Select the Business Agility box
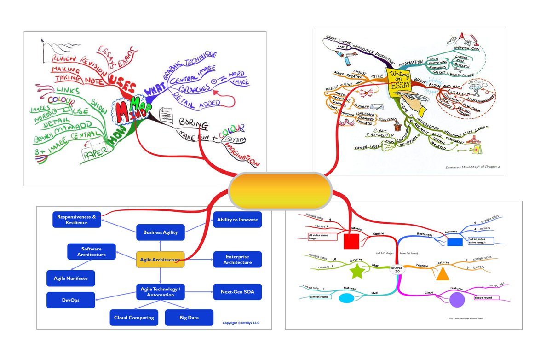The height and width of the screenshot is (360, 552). [160, 232]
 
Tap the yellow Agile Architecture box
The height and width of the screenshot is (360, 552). [160, 260]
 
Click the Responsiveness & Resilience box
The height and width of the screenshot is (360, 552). [77, 220]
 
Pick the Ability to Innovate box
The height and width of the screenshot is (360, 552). [238, 220]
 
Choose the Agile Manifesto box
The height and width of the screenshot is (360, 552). [70, 278]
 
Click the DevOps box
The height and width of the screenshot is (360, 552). [70, 300]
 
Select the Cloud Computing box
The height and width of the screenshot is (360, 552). [134, 318]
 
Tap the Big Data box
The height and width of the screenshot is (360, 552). [189, 318]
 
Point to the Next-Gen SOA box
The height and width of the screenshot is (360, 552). [238, 292]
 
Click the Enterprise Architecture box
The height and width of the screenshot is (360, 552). [238, 260]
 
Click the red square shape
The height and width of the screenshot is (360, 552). [351, 241]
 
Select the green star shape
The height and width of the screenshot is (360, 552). [357, 272]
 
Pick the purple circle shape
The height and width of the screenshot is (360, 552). [457, 300]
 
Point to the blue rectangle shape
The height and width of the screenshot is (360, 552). [454, 242]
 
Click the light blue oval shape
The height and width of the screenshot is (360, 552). [348, 298]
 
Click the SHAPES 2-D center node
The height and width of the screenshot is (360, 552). [397, 269]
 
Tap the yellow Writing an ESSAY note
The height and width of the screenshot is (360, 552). [399, 81]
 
